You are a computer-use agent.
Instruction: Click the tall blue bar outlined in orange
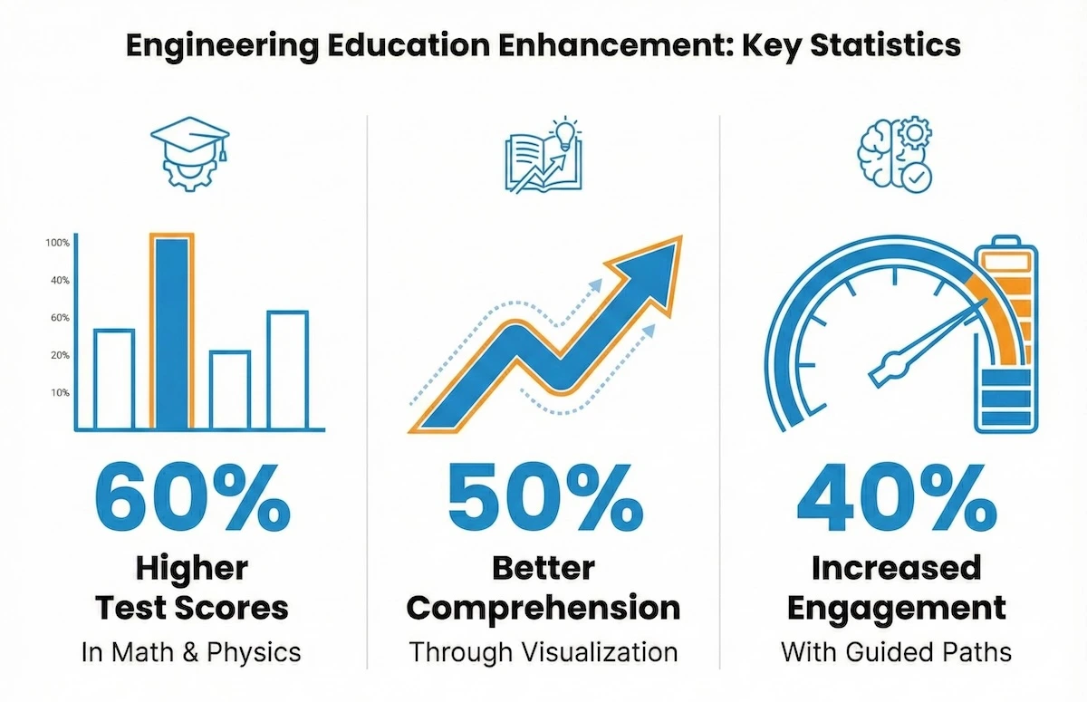click(170, 332)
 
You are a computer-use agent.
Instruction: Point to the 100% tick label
click(57, 243)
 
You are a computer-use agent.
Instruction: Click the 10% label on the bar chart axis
click(60, 393)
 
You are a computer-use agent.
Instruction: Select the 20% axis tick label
click(60, 355)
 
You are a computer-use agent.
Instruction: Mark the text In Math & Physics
click(190, 652)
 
